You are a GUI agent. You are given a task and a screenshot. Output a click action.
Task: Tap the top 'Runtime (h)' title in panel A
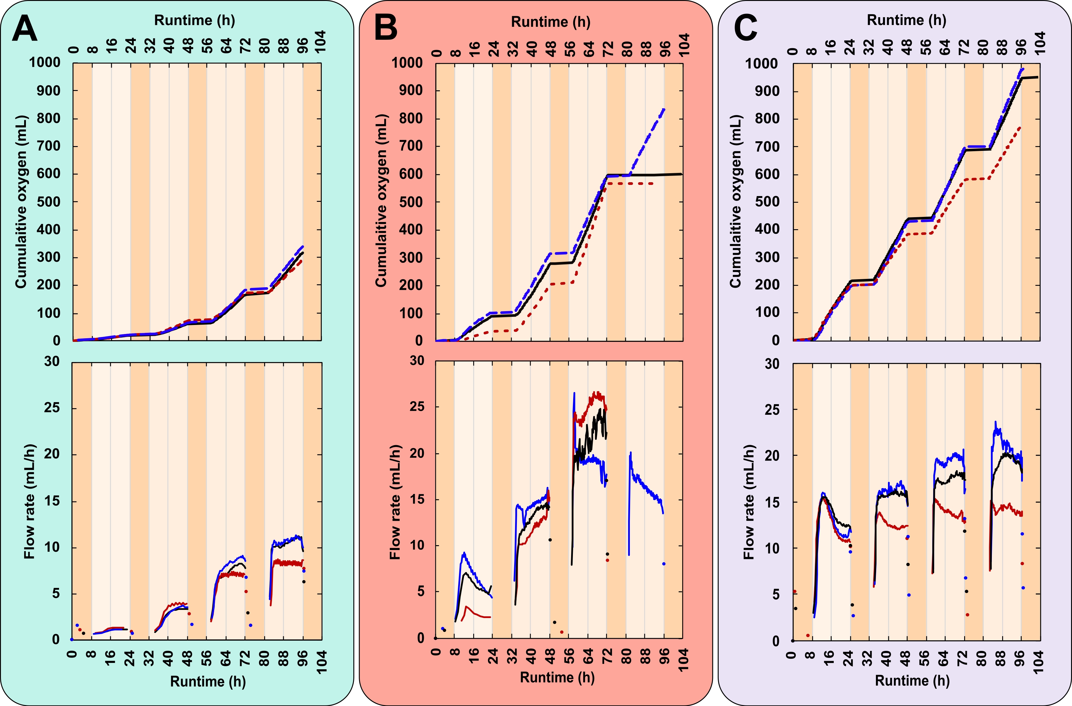click(x=195, y=20)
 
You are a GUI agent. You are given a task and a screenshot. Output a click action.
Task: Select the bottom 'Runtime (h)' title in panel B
click(x=557, y=677)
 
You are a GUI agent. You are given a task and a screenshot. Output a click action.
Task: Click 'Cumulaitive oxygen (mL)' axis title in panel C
click(x=736, y=201)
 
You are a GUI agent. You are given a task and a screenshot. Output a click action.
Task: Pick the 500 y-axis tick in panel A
click(x=45, y=202)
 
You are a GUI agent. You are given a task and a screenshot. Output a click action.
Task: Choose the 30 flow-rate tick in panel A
click(x=52, y=361)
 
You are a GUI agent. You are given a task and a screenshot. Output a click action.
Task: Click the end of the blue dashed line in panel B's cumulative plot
click(x=664, y=109)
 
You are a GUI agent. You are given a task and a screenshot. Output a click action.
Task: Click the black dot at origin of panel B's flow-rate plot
click(x=436, y=638)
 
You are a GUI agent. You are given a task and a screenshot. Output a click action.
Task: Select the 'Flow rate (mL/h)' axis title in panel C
click(x=749, y=502)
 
